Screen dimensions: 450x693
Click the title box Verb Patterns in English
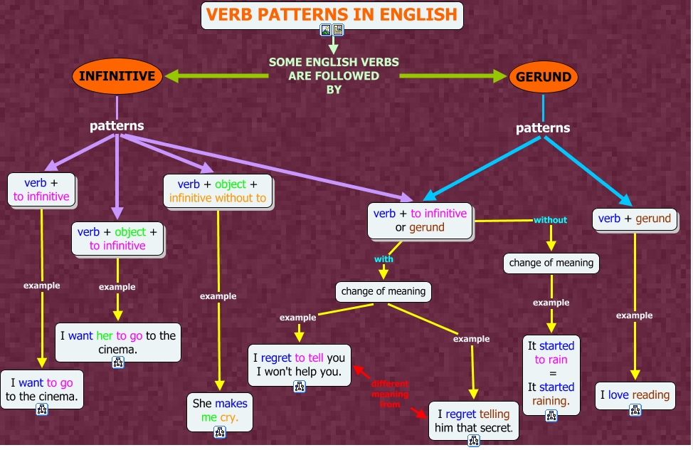(332, 14)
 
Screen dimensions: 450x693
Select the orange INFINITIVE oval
(117, 76)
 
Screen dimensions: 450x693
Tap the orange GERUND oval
(543, 77)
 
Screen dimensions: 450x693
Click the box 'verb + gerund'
(635, 219)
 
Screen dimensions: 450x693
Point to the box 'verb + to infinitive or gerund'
(420, 220)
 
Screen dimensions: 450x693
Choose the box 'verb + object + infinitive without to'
(217, 190)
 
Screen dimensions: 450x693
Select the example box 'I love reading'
(635, 394)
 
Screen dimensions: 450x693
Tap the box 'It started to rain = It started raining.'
(551, 373)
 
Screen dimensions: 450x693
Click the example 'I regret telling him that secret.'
(474, 420)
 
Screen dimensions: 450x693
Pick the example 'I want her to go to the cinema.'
(118, 341)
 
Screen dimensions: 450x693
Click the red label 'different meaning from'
(390, 394)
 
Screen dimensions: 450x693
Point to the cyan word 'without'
(550, 220)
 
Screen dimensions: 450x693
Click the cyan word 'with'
(383, 259)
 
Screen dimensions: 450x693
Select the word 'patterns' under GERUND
(543, 128)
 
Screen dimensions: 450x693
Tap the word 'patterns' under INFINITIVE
(117, 126)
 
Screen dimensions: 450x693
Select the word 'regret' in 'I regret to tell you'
(276, 357)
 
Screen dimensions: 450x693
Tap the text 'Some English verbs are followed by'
(334, 75)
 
